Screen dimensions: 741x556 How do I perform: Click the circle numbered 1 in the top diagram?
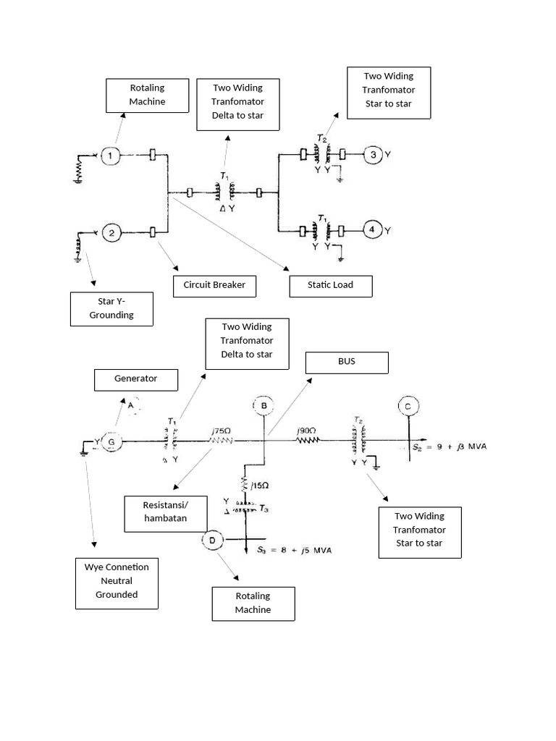coord(110,155)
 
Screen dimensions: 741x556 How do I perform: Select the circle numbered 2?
coord(111,232)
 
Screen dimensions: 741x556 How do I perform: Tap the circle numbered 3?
coord(372,154)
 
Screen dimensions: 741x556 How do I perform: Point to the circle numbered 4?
coord(372,230)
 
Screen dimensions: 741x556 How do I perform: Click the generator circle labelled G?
coord(111,443)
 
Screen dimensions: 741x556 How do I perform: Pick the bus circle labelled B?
coord(264,407)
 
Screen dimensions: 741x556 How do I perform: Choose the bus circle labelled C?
coord(408,407)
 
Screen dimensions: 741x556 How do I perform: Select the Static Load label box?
coord(330,286)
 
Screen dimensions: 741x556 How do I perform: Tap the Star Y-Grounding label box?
coord(111,308)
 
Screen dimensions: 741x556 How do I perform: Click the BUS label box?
coord(347,363)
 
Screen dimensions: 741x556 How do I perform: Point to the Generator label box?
coord(135,378)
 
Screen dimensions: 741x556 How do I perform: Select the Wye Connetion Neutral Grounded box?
coord(117,582)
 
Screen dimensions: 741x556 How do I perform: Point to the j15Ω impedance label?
coord(260,486)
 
